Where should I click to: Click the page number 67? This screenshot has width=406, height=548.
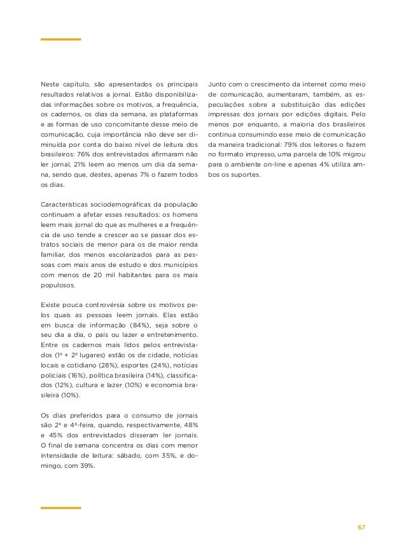(x=361, y=527)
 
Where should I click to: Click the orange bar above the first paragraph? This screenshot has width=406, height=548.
(x=60, y=39)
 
